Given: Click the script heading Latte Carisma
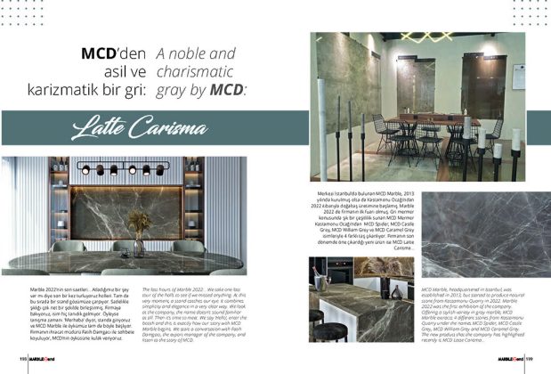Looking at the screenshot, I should (x=142, y=128).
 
